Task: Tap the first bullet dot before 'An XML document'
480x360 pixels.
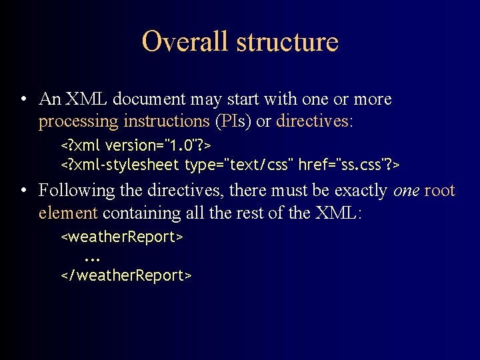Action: pyautogui.click(x=23, y=101)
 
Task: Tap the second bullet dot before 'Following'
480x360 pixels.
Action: pyautogui.click(x=23, y=191)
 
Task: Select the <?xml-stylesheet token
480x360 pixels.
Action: pyautogui.click(x=121, y=164)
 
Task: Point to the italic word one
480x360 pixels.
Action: pyautogui.click(x=406, y=191)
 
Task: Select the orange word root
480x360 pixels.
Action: pyautogui.click(x=439, y=191)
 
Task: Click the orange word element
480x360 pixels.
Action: pyautogui.click(x=69, y=213)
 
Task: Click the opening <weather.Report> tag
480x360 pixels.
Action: pyautogui.click(x=122, y=237)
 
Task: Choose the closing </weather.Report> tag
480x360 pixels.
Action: pyautogui.click(x=127, y=275)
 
